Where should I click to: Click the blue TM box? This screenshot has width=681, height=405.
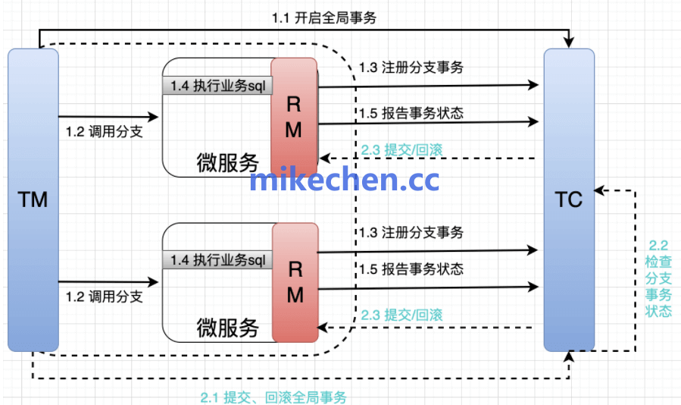pos(33,200)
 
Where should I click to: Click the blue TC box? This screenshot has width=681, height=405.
pos(568,200)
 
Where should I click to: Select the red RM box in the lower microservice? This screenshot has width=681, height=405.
pos(295,282)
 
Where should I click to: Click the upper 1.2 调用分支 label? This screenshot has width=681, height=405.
pos(105,132)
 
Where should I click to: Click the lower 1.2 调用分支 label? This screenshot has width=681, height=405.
pos(105,297)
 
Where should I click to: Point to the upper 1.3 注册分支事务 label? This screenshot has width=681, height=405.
pos(411,67)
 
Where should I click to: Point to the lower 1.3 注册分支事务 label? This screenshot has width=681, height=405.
pos(411,232)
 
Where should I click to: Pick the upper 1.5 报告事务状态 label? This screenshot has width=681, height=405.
pos(411,113)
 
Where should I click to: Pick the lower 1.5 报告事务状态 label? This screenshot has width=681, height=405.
pos(411,269)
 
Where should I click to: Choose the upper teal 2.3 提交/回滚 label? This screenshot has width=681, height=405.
pos(402,149)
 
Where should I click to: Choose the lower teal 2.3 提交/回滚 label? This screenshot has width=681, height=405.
pos(402,314)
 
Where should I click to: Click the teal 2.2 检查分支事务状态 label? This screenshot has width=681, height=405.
pos(658,278)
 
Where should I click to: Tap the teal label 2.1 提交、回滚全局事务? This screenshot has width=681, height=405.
pos(273,397)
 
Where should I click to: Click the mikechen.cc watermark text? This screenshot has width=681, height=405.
pos(345,180)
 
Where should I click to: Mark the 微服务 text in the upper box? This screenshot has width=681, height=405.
pos(227,162)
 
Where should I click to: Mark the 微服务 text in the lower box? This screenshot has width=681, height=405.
pos(227,327)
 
